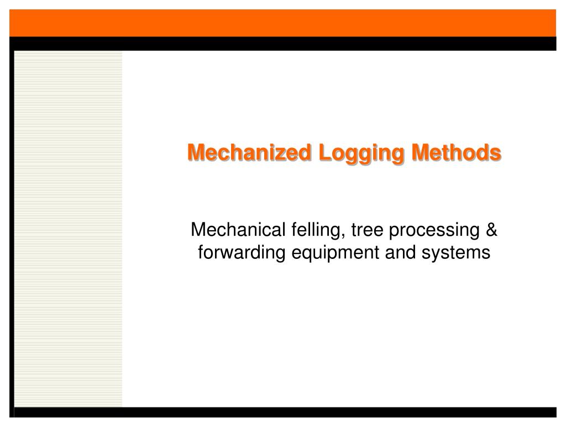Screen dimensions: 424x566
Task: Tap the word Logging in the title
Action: (345, 153)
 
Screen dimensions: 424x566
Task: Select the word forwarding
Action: (240, 253)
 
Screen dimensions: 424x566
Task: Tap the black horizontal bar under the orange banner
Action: (283, 44)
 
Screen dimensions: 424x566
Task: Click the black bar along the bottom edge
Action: (283, 412)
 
